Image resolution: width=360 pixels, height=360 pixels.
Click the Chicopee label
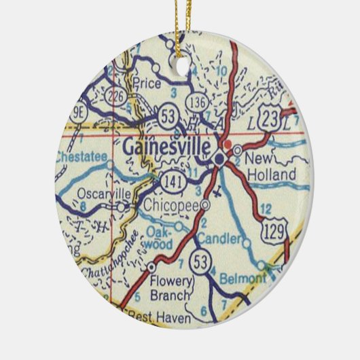(170, 204)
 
